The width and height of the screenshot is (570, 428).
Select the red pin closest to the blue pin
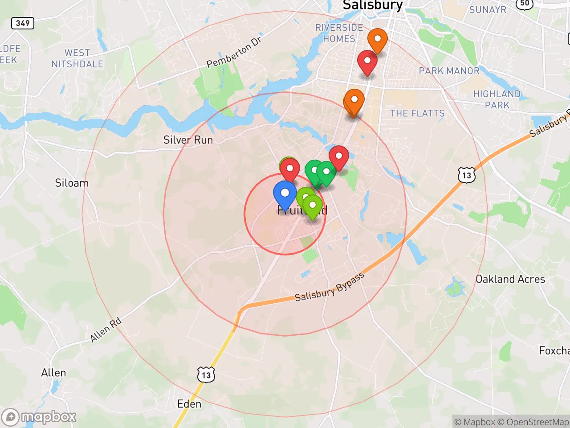click(x=290, y=170)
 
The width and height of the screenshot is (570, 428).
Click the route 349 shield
click(x=23, y=23)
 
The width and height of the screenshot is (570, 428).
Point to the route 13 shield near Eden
click(x=206, y=375)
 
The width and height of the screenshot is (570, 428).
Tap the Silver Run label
click(x=188, y=140)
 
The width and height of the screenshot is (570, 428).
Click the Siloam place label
click(x=72, y=183)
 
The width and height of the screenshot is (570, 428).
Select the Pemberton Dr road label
click(x=234, y=53)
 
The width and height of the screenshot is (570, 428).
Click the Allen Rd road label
click(x=106, y=330)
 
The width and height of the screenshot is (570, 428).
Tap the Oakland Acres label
click(x=510, y=279)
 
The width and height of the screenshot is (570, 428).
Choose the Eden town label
click(x=189, y=404)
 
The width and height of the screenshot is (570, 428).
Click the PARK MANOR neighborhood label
click(x=449, y=71)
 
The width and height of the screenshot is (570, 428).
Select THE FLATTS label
click(x=417, y=113)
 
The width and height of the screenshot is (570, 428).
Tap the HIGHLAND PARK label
click(x=497, y=99)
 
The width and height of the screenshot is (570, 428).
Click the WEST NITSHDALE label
click(x=77, y=58)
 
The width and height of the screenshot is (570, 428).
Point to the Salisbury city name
click(x=373, y=5)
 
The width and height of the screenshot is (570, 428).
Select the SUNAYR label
click(x=488, y=9)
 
